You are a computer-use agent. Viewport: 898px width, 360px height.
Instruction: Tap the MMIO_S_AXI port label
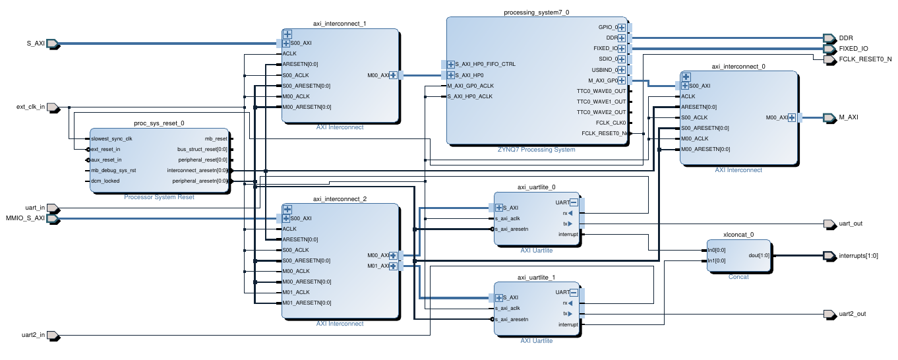[x=25, y=218]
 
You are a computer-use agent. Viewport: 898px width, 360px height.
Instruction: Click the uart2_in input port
[x=54, y=335]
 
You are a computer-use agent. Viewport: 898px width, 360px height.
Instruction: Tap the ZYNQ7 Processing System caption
[x=536, y=150]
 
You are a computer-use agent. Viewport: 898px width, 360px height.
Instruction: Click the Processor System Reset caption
[x=160, y=197]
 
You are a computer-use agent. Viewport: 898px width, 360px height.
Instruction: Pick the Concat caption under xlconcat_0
[x=738, y=277]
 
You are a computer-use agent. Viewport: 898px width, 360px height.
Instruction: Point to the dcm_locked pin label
[x=105, y=181]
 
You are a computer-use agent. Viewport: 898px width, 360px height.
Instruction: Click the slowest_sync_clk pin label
[x=111, y=138]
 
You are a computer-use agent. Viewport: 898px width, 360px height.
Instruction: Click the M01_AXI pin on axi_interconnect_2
[x=378, y=266]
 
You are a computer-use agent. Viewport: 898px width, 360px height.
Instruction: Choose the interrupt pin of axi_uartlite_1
[x=568, y=324]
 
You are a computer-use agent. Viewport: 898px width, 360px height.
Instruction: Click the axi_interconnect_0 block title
[x=738, y=67]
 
